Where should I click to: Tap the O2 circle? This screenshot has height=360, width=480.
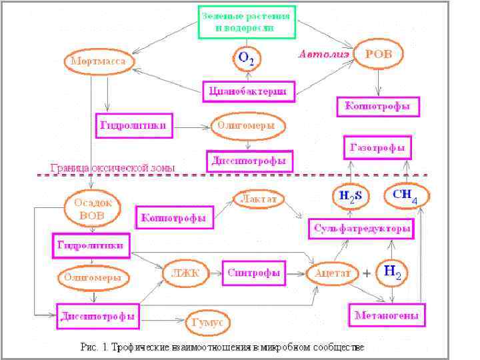246,59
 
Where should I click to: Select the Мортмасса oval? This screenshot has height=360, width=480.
100,61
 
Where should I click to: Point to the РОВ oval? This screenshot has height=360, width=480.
378,54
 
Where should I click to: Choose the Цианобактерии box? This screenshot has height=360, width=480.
249,91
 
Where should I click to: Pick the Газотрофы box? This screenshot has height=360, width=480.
377,147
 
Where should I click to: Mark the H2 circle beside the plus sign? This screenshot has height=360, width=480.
393,272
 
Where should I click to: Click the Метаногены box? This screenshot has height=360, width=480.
387,315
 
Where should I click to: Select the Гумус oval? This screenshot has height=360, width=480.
209,322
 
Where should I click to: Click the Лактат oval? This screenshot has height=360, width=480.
258,199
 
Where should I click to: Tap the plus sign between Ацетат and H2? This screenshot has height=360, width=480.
367,273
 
